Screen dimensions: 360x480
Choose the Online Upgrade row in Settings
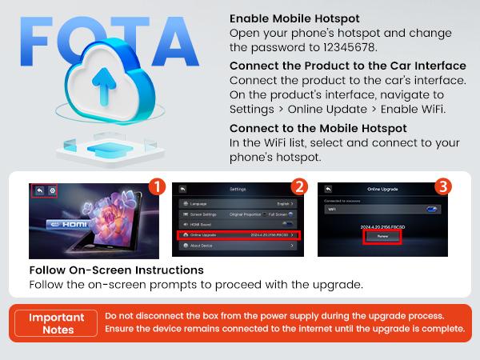(239, 234)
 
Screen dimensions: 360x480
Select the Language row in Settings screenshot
(239, 204)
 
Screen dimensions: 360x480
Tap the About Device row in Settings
(239, 246)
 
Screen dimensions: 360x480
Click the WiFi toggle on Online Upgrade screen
(433, 208)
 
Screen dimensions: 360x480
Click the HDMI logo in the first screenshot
(64, 226)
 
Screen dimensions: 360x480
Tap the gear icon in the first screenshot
(53, 191)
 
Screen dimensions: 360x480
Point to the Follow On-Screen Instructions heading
(116, 270)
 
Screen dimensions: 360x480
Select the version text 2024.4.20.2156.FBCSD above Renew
(382, 226)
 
